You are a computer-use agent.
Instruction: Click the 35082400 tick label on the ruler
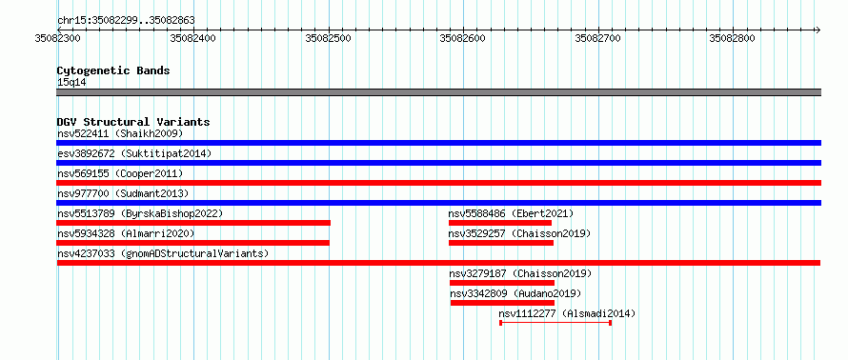[192, 38]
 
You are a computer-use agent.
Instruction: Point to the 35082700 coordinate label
[597, 38]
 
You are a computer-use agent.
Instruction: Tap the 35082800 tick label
[733, 38]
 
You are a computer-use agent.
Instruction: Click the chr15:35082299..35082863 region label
[126, 21]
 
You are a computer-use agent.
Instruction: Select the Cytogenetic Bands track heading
[113, 70]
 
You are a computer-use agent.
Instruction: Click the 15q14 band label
[71, 83]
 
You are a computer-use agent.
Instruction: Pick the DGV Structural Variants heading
[133, 122]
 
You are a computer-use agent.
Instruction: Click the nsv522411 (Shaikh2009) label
[120, 133]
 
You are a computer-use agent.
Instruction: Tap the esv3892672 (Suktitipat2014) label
[134, 153]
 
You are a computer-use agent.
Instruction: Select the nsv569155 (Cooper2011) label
[120, 173]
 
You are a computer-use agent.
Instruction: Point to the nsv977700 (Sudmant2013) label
[123, 193]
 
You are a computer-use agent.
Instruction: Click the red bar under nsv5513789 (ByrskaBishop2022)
[193, 223]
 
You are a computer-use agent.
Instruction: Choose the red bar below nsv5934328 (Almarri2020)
[193, 243]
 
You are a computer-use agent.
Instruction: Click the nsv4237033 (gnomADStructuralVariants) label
[163, 253]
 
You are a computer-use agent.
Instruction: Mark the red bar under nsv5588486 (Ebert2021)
[500, 223]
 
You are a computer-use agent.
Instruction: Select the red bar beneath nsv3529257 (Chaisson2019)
[501, 243]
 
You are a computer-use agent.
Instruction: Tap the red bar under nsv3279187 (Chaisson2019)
[502, 283]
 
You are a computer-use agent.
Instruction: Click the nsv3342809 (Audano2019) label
[515, 293]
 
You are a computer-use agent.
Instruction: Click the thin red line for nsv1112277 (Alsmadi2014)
[555, 323]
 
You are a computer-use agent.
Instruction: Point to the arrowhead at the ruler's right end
[818, 30]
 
